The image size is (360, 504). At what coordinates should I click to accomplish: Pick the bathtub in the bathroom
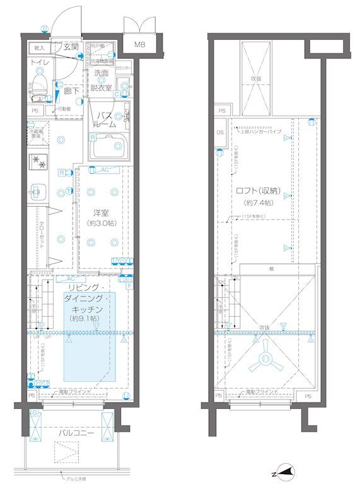109,149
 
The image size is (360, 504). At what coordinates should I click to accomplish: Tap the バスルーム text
105,120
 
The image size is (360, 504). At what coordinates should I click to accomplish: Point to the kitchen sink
38,189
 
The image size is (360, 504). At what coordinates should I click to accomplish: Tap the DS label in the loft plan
220,132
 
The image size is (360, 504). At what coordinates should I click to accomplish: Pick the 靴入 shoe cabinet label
38,47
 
